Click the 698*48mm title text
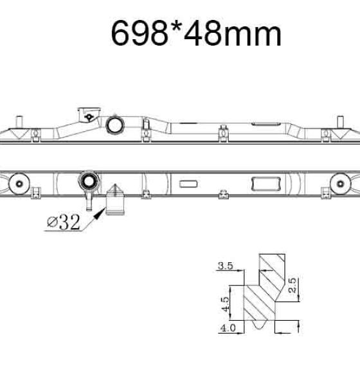click(196, 33)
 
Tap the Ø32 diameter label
click(64, 222)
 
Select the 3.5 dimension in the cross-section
click(226, 265)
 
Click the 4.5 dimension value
click(226, 304)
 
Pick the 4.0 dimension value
click(228, 328)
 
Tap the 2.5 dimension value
click(292, 285)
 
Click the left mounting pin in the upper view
click(19, 121)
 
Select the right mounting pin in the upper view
click(340, 122)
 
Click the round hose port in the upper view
click(115, 125)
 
